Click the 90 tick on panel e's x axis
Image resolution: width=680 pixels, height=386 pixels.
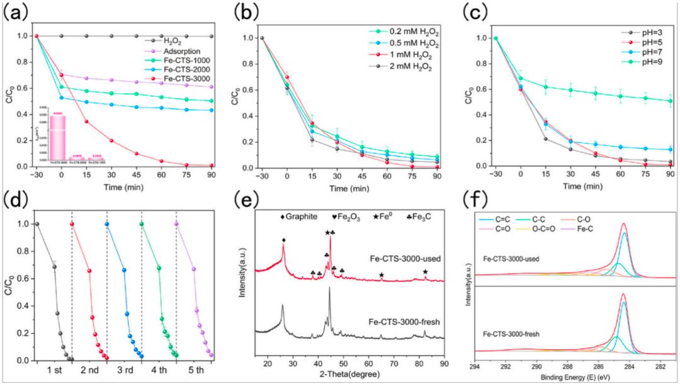[x=444, y=365]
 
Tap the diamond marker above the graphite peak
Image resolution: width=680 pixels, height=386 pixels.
[x=284, y=240]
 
